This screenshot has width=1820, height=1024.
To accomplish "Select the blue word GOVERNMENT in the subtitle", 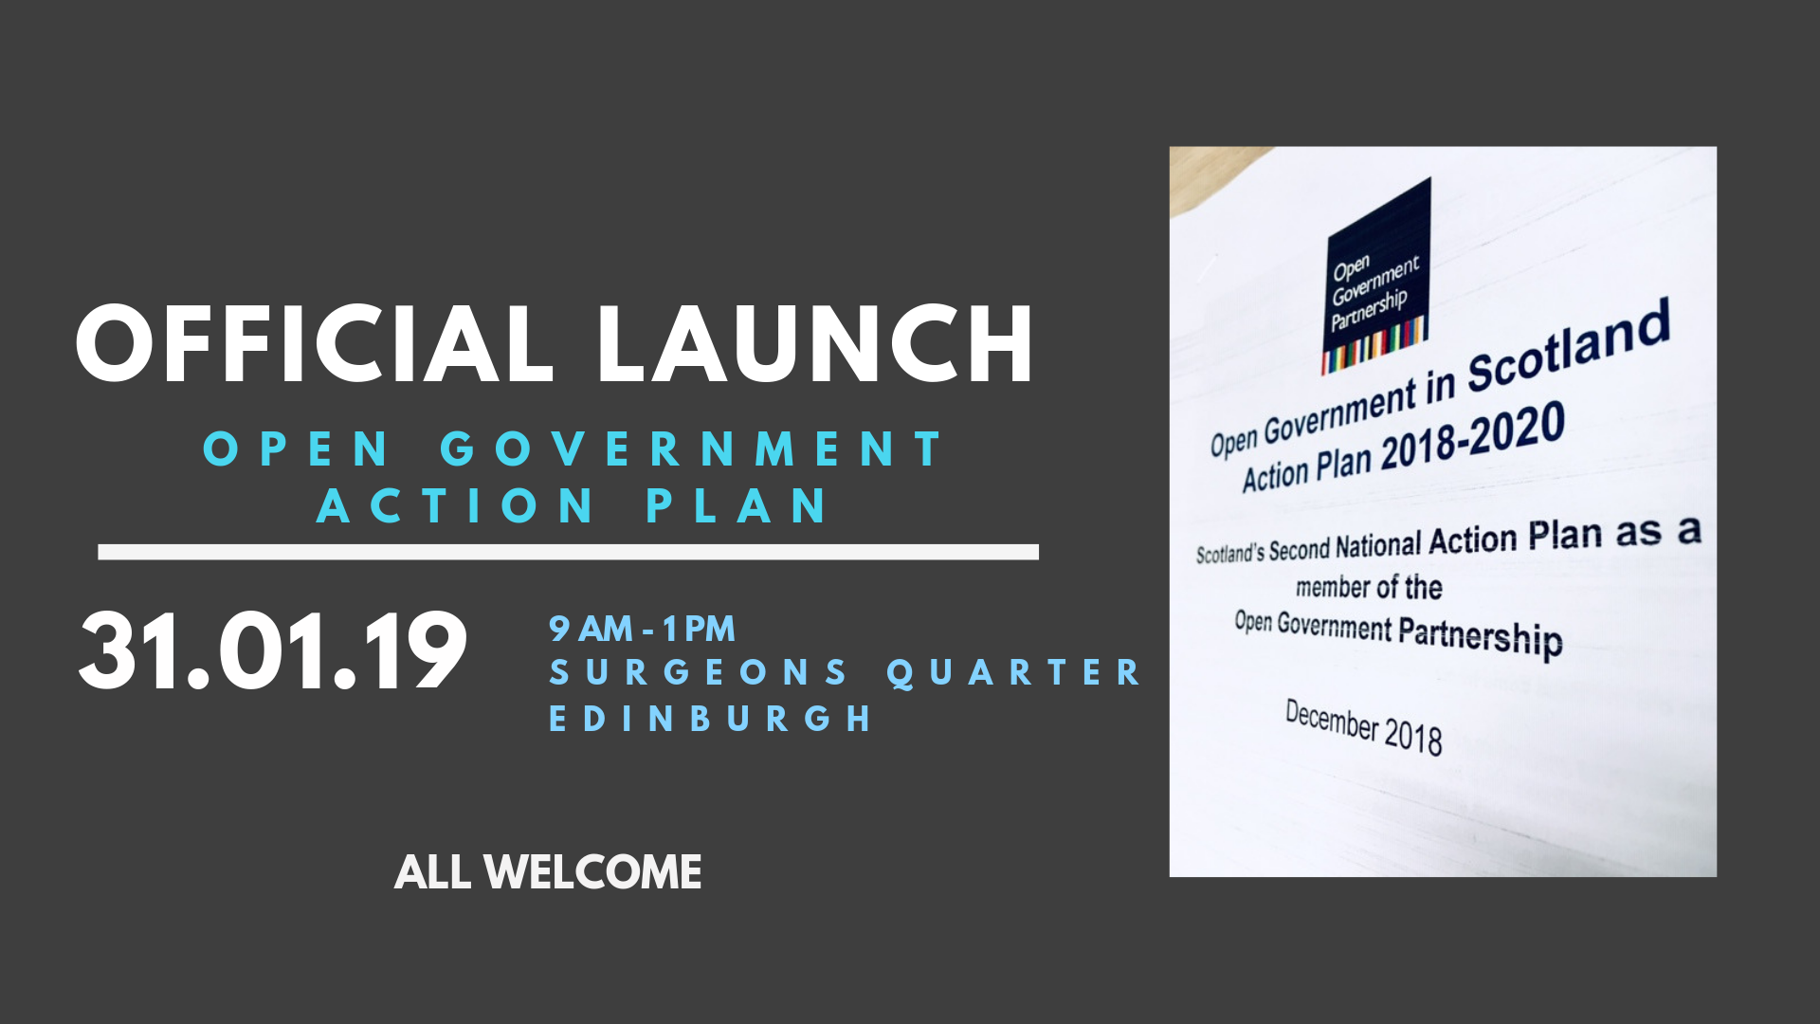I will [692, 448].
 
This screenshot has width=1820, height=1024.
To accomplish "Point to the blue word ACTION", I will [455, 505].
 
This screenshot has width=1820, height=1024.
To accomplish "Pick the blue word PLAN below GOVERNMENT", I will [737, 505].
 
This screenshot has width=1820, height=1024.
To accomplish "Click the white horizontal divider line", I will [569, 552].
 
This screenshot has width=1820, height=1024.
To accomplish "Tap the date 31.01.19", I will [273, 651].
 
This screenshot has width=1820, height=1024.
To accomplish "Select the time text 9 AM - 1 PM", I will [642, 629].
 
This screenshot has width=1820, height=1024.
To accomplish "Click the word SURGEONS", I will [699, 672].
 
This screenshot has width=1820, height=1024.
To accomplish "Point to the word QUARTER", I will [1014, 672].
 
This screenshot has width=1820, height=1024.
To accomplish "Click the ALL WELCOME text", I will [548, 872].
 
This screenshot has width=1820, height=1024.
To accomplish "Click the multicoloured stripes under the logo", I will [1373, 349].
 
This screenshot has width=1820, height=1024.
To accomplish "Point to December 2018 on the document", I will [1363, 727].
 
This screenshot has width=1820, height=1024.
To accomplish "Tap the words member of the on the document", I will [1369, 588].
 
